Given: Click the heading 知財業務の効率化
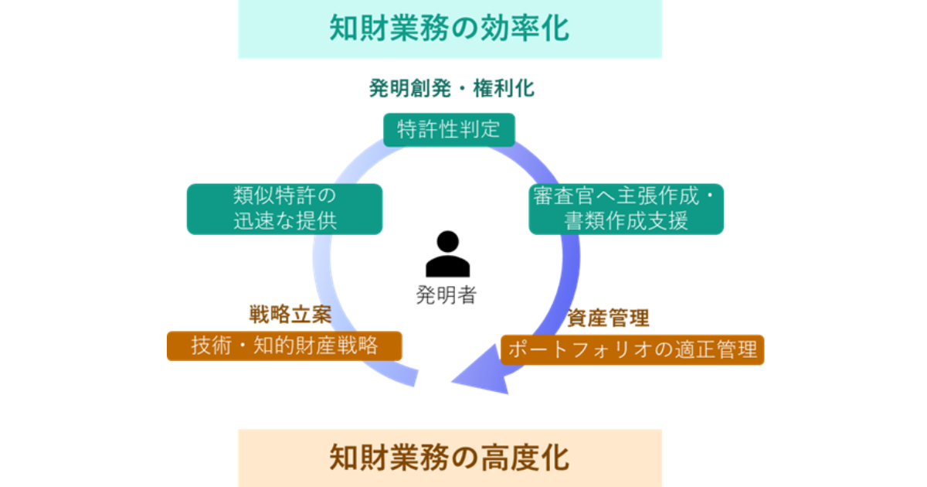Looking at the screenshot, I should click(450, 29).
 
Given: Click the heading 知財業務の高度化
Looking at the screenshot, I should click(450, 456).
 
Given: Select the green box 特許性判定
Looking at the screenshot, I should click(450, 129).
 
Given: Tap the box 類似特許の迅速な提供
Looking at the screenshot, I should click(284, 209).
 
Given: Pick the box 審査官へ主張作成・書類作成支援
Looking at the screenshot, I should click(626, 209).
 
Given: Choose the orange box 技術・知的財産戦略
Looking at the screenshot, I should click(284, 346).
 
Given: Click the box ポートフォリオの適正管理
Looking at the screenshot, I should click(632, 349).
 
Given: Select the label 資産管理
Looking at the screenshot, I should click(608, 318).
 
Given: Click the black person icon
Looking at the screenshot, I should click(447, 255).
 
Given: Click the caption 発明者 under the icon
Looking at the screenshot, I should click(447, 295).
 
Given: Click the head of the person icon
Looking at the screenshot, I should click(447, 242).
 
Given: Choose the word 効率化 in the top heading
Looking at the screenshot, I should click(533, 29).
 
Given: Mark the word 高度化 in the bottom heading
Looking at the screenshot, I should click(533, 456).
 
